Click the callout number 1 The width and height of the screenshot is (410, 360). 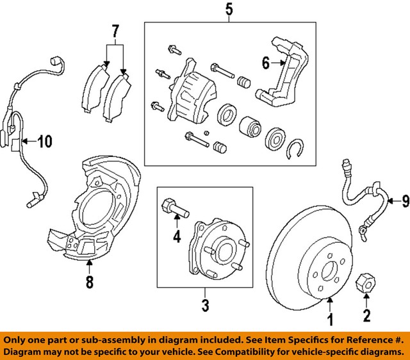pos(331,318)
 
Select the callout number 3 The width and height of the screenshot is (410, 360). pos(205,306)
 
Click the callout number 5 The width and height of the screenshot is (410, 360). pos(229,10)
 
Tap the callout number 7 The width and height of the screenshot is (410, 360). pos(115,30)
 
